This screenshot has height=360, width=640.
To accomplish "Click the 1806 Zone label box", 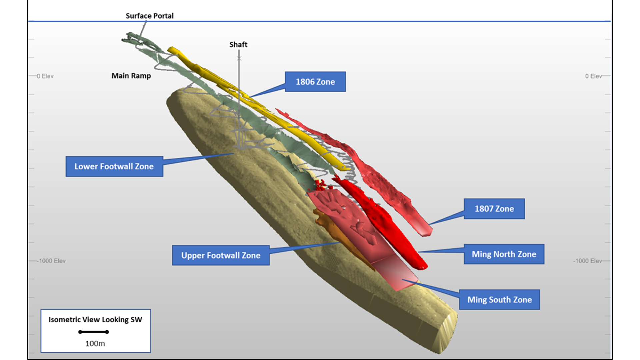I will pos(315,82).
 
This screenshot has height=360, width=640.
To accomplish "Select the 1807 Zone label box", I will pos(494,209).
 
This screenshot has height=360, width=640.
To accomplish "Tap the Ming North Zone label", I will pos(504,254).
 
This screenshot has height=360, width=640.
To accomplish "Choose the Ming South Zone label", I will pos(499,300).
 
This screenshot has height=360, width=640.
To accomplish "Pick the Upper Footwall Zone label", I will pos(221,255).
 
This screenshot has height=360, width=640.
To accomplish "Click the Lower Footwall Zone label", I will pos(114,166).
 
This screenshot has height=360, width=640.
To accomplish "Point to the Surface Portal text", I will pos(149,16).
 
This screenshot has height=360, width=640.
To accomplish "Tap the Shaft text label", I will pos(238,44).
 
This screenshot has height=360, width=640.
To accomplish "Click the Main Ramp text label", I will pos(131,76).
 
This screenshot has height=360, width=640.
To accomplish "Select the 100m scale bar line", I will pos(94,332).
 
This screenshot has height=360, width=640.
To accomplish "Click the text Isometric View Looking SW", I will pos(95,319).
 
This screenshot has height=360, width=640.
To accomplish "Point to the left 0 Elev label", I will pos(45,76).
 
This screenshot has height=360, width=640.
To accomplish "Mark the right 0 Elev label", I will pos(593,76).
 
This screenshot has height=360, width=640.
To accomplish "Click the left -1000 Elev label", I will pos(52,261).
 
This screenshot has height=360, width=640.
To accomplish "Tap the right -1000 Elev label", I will pos(588,261).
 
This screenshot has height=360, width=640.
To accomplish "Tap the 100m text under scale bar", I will pos(95,344).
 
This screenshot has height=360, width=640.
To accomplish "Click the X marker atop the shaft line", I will pos(239,58).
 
